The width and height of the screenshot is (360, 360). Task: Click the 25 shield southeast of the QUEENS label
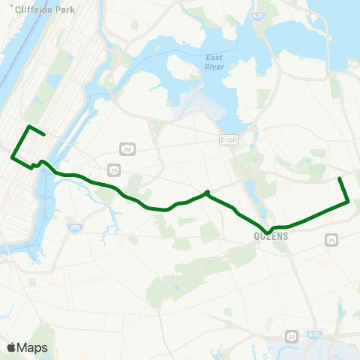click(x=331, y=239)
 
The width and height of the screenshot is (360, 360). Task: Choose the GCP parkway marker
click(x=228, y=140)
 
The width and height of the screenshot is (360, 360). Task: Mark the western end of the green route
click(x=44, y=135)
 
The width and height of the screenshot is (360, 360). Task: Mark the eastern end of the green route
click(x=340, y=178)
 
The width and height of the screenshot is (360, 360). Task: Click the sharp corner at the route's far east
click(x=349, y=201)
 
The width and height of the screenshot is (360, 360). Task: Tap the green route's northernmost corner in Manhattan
click(x=28, y=126)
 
